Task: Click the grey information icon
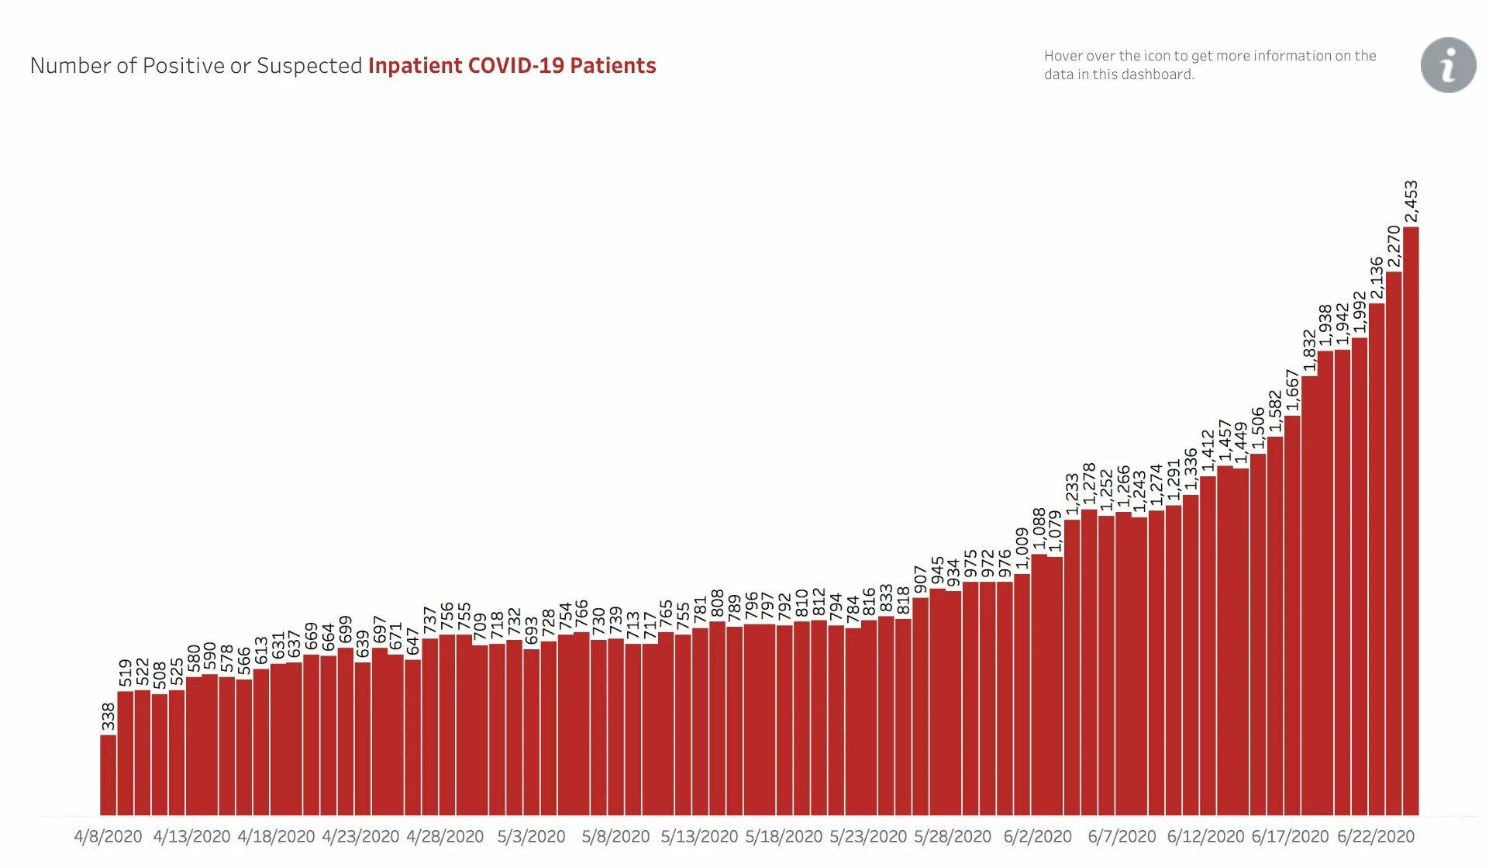(x=1448, y=65)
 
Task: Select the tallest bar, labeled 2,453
(x=1411, y=520)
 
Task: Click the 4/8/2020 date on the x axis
(x=108, y=837)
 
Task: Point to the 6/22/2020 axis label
(x=1375, y=837)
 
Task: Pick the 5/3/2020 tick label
(x=531, y=837)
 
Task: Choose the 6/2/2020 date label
(x=1037, y=837)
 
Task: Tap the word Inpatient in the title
(x=415, y=66)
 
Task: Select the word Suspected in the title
(x=309, y=66)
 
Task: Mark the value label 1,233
(x=1072, y=494)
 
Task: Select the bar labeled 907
(x=920, y=706)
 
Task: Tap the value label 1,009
(x=1022, y=549)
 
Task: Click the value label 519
(x=126, y=673)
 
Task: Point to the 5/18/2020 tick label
(x=784, y=837)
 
